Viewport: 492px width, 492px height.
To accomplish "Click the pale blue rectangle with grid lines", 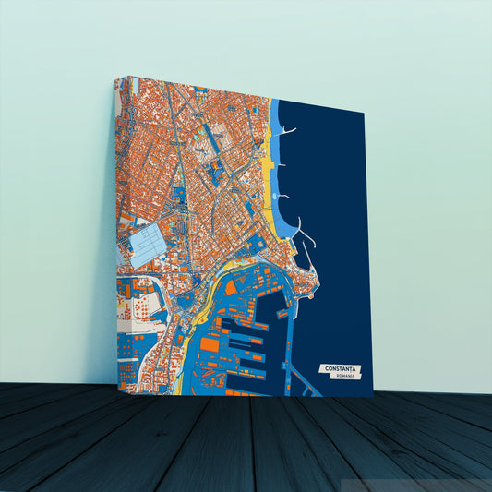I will click(147, 244).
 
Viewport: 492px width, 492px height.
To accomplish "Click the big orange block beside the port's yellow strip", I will click(210, 344).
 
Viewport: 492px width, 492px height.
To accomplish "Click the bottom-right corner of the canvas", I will click(372, 396).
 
